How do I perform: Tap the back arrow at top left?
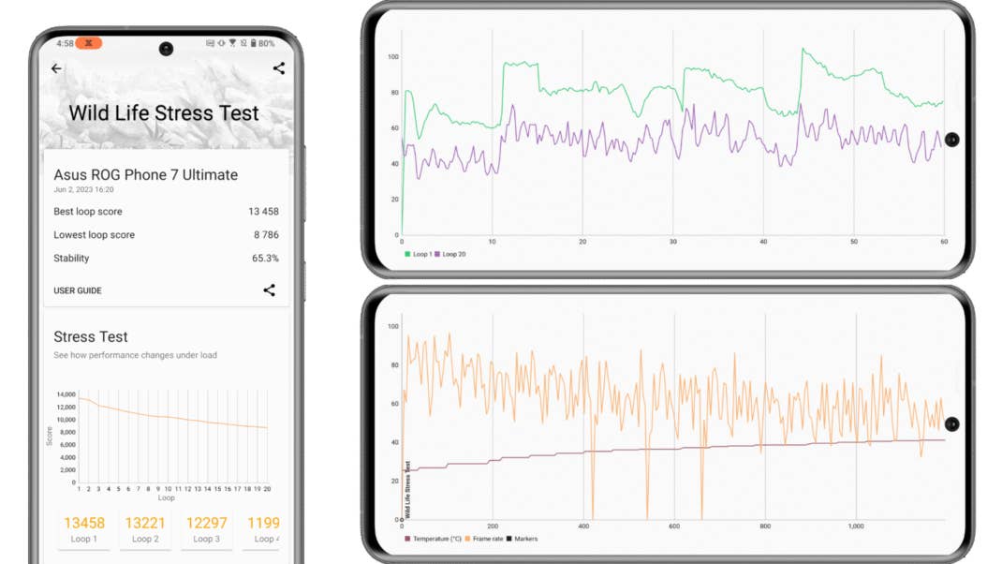pos(56,68)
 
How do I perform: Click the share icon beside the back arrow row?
pos(278,68)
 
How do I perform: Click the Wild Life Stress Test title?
pos(164,113)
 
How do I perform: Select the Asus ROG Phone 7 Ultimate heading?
pos(145,174)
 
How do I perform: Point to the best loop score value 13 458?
pos(263,212)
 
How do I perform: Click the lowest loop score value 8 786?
pos(266,235)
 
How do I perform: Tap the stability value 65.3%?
pos(266,259)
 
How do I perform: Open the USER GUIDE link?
pos(78,290)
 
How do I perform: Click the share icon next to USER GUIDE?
pos(269,290)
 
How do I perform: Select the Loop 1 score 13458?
pos(84,523)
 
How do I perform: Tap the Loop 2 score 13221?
pos(145,523)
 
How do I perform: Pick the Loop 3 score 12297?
pos(205,523)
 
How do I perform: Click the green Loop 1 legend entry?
pos(419,254)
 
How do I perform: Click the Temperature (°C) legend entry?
pos(433,539)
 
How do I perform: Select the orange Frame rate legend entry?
pos(483,539)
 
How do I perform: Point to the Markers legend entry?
pos(523,539)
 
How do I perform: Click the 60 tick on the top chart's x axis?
pos(943,242)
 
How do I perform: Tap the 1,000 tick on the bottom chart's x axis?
pos(856,527)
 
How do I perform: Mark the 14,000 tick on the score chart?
pos(66,394)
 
